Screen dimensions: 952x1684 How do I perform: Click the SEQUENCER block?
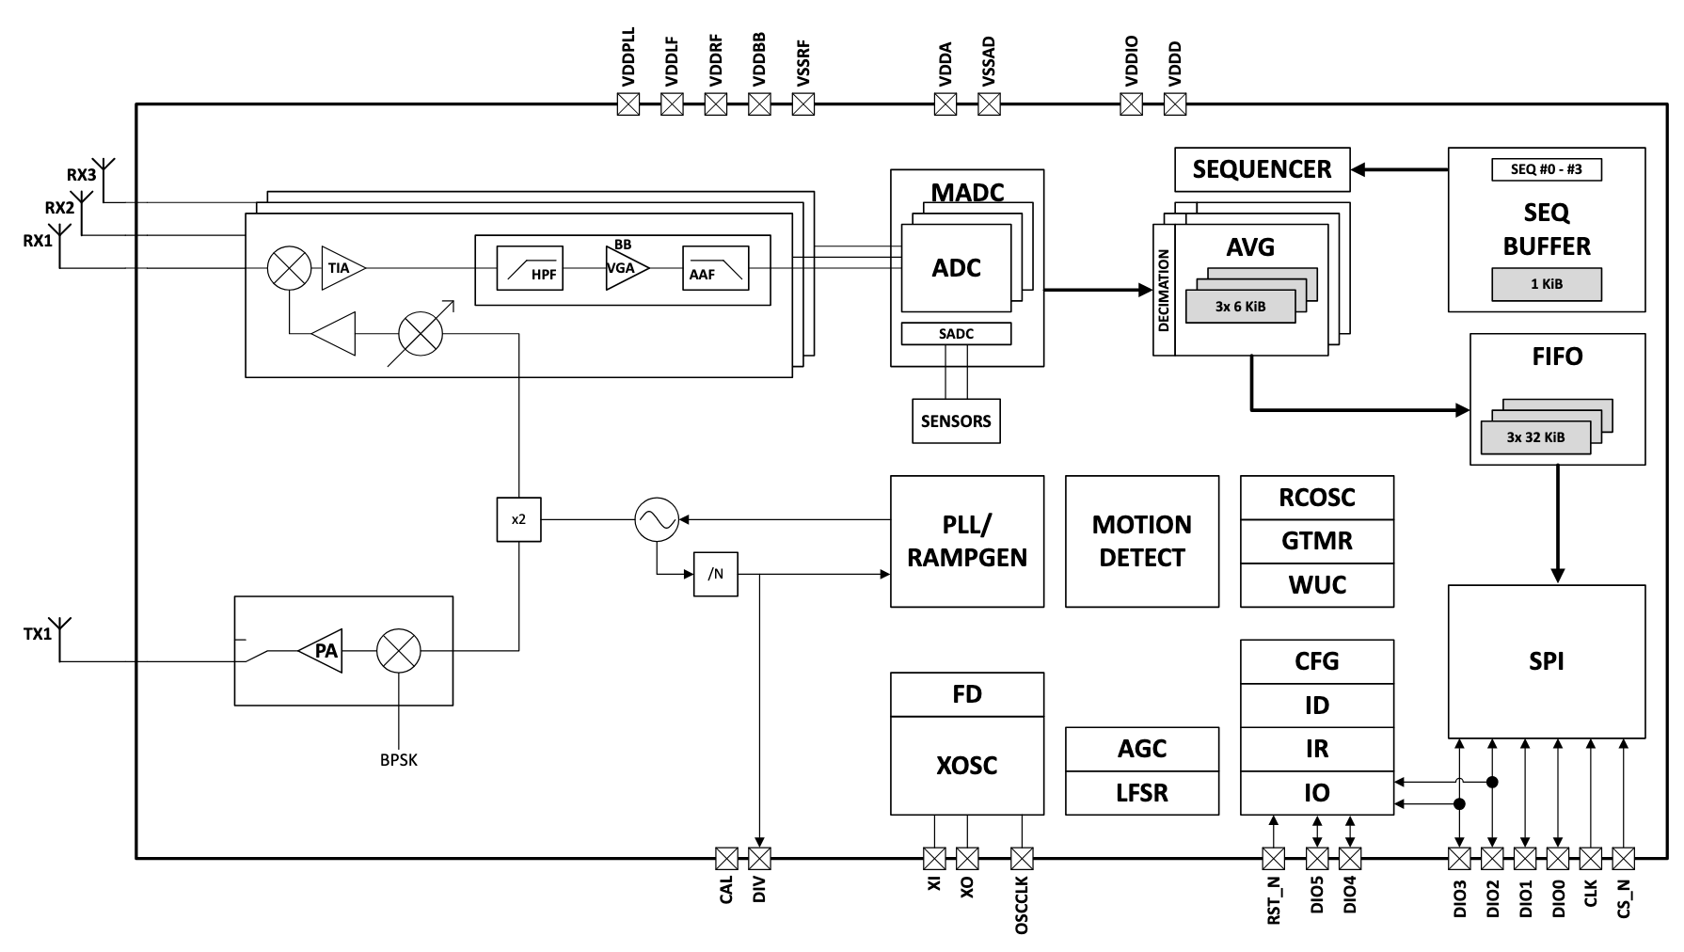1262,169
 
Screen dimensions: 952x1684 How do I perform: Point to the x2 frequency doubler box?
518,519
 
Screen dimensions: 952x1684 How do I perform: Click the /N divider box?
715,574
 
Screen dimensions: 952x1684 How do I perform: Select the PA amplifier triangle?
322,650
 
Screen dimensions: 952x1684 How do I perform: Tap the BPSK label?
399,760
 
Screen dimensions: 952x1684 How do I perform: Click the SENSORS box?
956,420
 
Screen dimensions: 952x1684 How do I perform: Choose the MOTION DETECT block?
1142,541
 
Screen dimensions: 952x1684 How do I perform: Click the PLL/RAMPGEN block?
967,541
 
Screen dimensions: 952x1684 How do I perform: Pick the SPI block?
1546,661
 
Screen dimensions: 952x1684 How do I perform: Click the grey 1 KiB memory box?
1546,284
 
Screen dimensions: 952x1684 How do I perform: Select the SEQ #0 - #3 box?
1546,169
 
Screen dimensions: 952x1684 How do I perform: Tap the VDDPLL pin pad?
628,104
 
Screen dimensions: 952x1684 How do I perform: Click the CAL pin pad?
726,858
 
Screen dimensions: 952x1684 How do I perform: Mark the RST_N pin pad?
1273,858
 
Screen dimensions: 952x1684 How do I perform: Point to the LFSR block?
1142,792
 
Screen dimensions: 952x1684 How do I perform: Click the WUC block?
1317,584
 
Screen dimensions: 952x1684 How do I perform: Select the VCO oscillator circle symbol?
656,519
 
